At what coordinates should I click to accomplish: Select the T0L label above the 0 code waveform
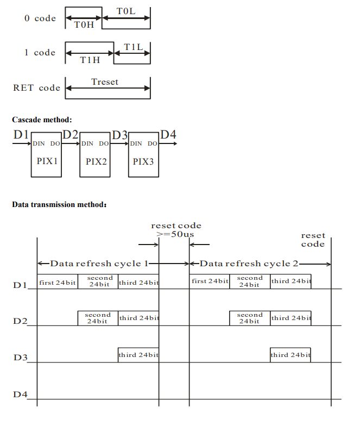126,10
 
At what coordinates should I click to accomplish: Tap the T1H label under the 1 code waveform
90,60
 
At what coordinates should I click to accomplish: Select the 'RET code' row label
36,87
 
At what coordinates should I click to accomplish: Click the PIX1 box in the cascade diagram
46,161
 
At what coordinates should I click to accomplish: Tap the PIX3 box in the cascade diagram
143,161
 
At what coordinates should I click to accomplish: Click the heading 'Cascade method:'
42,120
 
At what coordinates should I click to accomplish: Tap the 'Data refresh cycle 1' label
99,264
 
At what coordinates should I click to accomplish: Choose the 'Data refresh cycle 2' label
249,264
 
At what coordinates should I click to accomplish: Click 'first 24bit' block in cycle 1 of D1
58,281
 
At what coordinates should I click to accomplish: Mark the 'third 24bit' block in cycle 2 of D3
290,355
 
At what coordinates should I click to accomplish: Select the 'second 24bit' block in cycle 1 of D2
98,318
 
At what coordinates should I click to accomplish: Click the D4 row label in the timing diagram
20,394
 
